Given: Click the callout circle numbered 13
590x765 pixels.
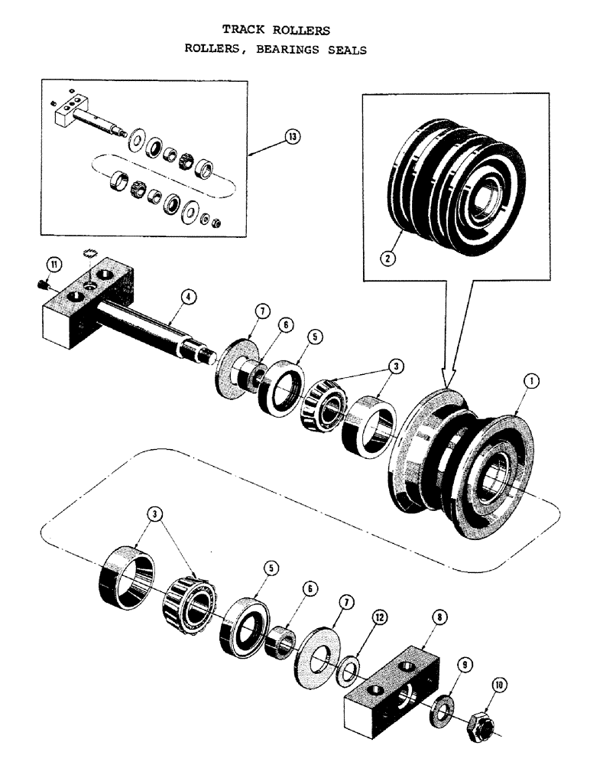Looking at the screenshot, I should point(290,138).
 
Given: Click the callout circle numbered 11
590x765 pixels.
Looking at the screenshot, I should point(53,265).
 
